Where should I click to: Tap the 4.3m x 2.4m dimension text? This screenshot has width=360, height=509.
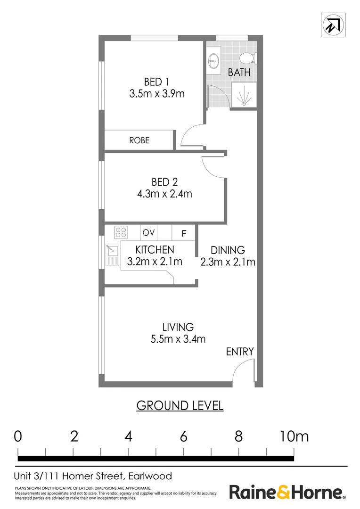[164, 194]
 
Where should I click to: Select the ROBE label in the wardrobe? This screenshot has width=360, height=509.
[139, 140]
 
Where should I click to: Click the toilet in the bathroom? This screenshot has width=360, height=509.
[247, 58]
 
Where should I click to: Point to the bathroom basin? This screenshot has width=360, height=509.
[213, 60]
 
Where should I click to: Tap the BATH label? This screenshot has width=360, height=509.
[239, 73]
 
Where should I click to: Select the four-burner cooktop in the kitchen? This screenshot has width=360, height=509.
[121, 232]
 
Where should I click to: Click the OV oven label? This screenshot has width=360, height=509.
[149, 232]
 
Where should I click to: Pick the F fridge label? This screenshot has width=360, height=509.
[184, 233]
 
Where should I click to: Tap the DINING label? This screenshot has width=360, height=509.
[228, 250]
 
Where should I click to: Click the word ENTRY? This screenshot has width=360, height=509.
[240, 352]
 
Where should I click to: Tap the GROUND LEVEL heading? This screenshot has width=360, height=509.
[180, 405]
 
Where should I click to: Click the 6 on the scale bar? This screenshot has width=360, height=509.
[183, 436]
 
